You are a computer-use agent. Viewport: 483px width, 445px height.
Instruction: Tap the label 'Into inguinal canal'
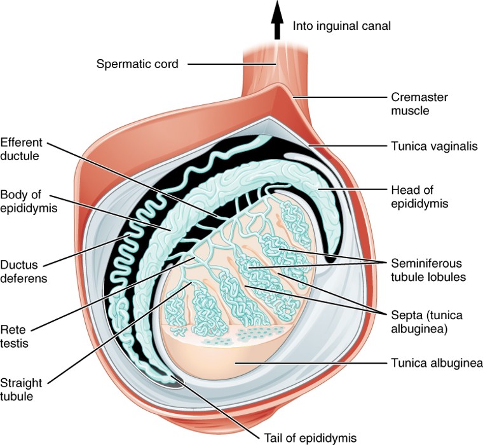click(x=341, y=26)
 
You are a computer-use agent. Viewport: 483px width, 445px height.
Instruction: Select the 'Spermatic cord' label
click(x=137, y=64)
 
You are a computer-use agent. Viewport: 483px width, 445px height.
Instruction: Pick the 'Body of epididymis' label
click(x=25, y=201)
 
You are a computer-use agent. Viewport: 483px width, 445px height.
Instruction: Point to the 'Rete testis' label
click(x=15, y=335)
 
